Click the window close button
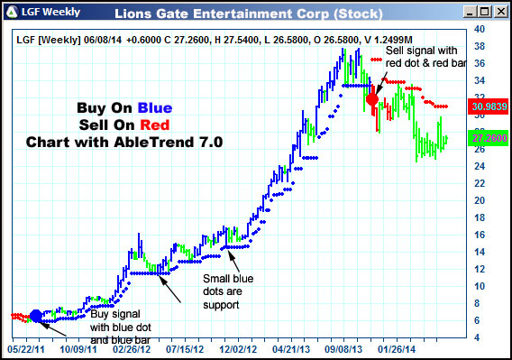(498, 12)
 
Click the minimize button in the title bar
(468, 12)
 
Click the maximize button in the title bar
(483, 12)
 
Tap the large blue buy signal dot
(36, 316)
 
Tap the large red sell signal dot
(372, 99)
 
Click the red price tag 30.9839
(488, 106)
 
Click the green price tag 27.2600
(488, 138)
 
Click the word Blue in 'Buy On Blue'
(155, 108)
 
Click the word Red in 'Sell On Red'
(155, 125)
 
